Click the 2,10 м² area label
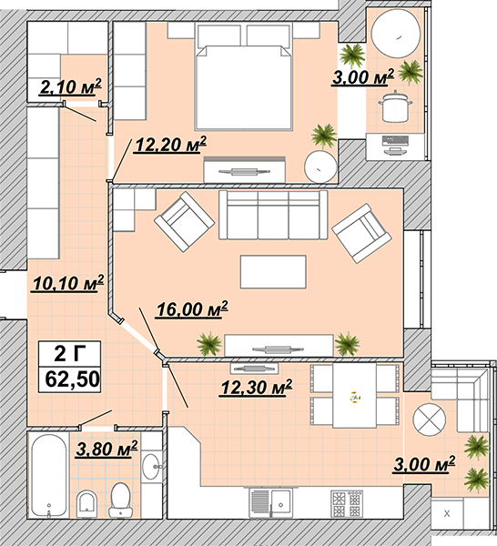tap(71, 86)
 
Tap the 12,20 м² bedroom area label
tap(170, 145)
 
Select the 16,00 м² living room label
tap(192, 308)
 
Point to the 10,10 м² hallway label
tap(68, 283)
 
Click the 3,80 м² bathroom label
tap(106, 449)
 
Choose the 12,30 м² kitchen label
tap(256, 388)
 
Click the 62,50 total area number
tap(73, 379)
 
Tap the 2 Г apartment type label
tap(69, 354)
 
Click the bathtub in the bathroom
tap(49, 475)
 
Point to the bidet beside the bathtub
tap(86, 504)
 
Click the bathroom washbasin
tap(151, 467)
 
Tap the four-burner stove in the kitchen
tap(347, 503)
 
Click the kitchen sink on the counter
tap(270, 503)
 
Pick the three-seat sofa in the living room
tap(273, 215)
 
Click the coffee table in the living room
tap(273, 271)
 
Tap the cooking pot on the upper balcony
tap(395, 106)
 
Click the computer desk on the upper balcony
tap(395, 147)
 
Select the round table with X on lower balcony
tap(430, 420)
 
